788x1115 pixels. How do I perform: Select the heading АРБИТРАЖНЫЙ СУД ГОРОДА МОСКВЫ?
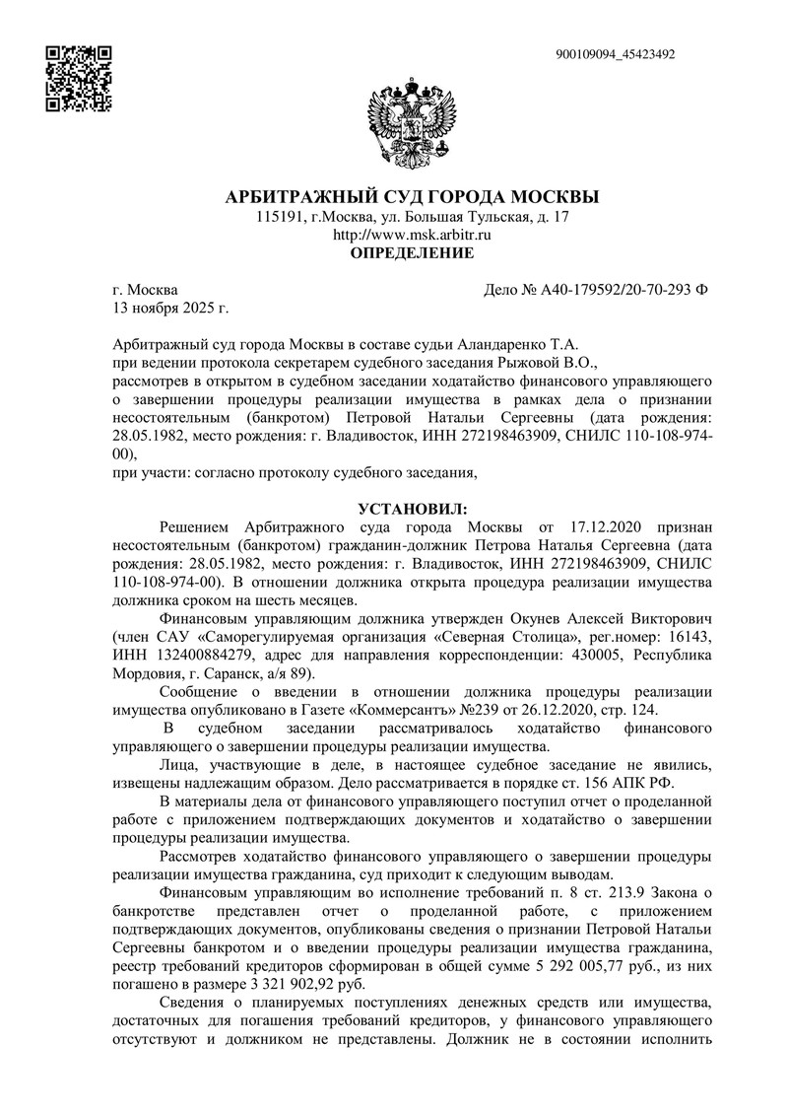point(413,196)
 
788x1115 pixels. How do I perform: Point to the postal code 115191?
point(278,217)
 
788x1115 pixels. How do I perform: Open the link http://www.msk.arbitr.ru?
point(413,235)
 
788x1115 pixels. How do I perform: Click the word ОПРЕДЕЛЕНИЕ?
point(413,253)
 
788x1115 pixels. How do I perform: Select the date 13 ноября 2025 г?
point(170,309)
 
